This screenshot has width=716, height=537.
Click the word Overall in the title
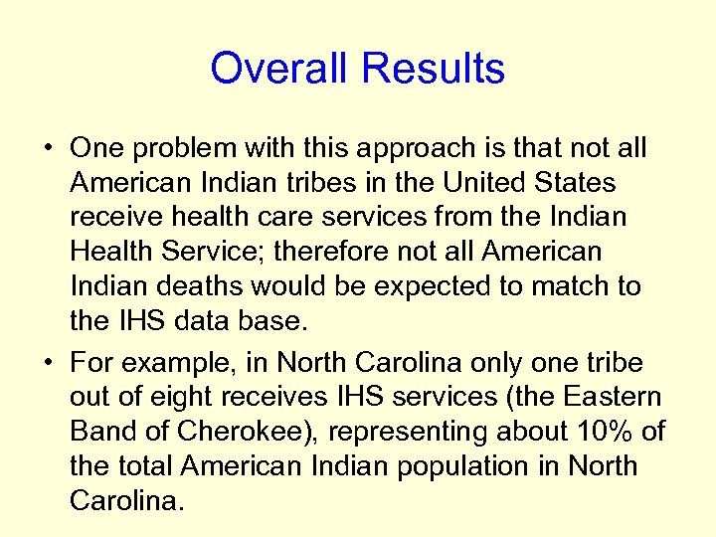point(281,69)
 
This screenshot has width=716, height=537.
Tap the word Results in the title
point(433,69)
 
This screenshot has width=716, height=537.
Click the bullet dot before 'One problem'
point(48,150)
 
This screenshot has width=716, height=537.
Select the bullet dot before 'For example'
point(48,363)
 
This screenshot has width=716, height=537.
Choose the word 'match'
point(569,286)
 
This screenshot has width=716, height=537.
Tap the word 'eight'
point(176,397)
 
